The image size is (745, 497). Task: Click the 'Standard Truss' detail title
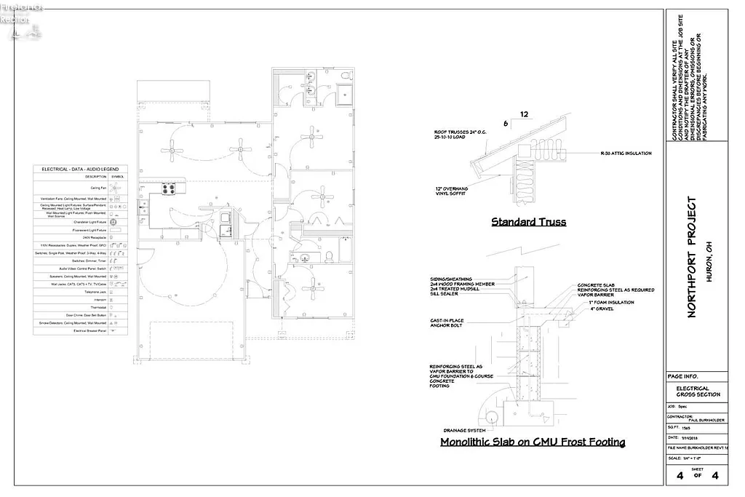point(528,222)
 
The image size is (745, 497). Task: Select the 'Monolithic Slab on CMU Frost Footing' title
point(533,442)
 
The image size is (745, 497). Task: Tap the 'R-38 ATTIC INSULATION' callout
point(626,154)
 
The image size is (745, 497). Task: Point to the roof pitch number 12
point(524,114)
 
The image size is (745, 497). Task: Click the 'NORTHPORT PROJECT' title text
point(692,256)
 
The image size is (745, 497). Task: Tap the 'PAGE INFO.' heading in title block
point(684,376)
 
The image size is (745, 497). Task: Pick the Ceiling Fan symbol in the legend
point(116,187)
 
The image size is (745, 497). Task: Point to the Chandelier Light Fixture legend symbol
point(113,221)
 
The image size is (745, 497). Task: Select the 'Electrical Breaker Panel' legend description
point(90,330)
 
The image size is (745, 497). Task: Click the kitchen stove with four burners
point(168,188)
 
